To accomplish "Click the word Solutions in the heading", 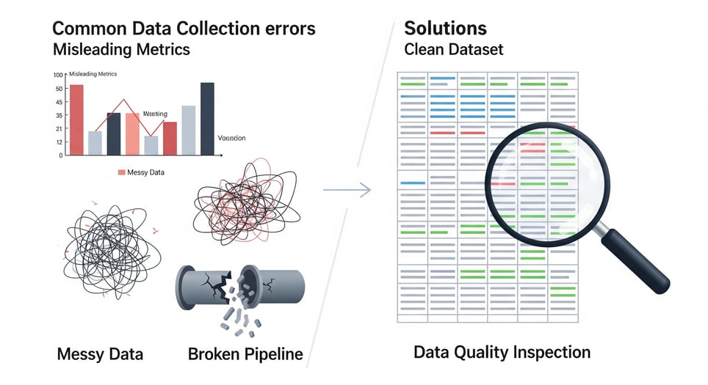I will coord(445,29).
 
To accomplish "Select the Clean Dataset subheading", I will coord(454,51).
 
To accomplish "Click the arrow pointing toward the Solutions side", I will coord(347,190).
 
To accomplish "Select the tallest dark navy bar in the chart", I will coord(207,119).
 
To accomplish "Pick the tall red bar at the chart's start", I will coord(76,120).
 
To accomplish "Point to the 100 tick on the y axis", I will coord(58,75).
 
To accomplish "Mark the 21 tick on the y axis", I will coord(58,128).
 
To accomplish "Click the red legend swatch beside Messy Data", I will coord(122,172).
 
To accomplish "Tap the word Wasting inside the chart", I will coord(155,114).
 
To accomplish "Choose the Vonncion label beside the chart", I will coord(232,138).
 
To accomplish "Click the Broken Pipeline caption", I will coord(245,354).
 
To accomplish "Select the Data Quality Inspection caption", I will coord(502,352).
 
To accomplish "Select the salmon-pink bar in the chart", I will coord(132,133).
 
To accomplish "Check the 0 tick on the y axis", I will coord(60,155).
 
